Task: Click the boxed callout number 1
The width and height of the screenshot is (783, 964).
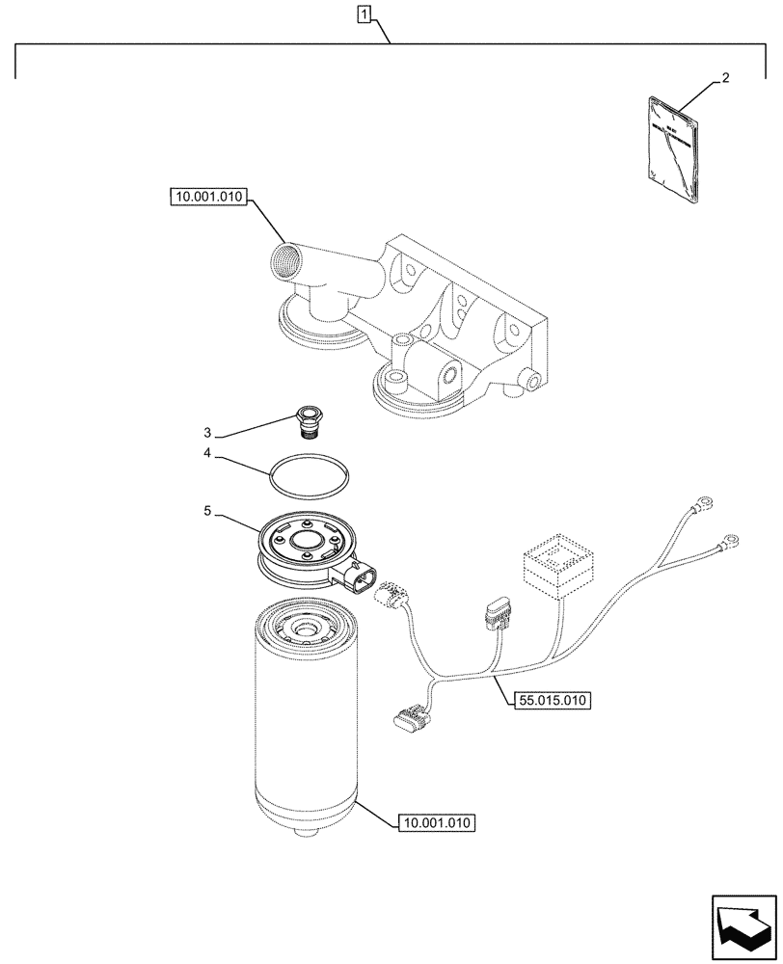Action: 364,13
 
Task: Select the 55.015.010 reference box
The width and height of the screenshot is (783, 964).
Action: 547,701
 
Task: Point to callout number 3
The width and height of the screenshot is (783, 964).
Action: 206,432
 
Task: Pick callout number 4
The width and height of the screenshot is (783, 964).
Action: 206,451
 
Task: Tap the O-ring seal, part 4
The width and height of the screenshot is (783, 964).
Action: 309,472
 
